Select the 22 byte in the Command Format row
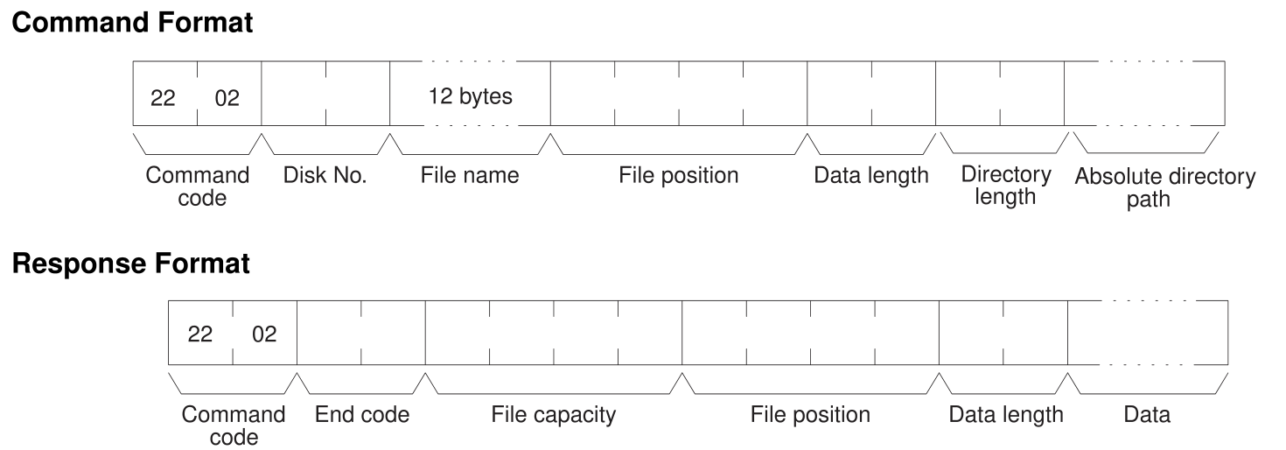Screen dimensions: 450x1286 coord(164,98)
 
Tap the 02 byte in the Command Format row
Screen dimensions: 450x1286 coord(227,98)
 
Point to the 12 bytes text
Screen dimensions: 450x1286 coord(470,96)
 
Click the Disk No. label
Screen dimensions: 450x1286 coord(325,175)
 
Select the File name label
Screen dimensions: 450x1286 coord(470,175)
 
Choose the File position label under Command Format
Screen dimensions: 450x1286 coord(679,175)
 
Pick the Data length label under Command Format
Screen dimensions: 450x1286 coord(871,175)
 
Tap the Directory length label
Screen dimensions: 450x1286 coord(1005,186)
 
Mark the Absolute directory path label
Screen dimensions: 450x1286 coord(1164,187)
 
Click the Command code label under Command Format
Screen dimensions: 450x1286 coord(198,186)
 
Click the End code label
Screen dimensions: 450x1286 coord(362,414)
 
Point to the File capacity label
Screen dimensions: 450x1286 coord(552,414)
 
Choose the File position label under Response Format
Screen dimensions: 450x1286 coord(810,414)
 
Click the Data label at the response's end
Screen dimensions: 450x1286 coord(1147,414)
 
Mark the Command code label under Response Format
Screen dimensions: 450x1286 coord(233,425)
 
